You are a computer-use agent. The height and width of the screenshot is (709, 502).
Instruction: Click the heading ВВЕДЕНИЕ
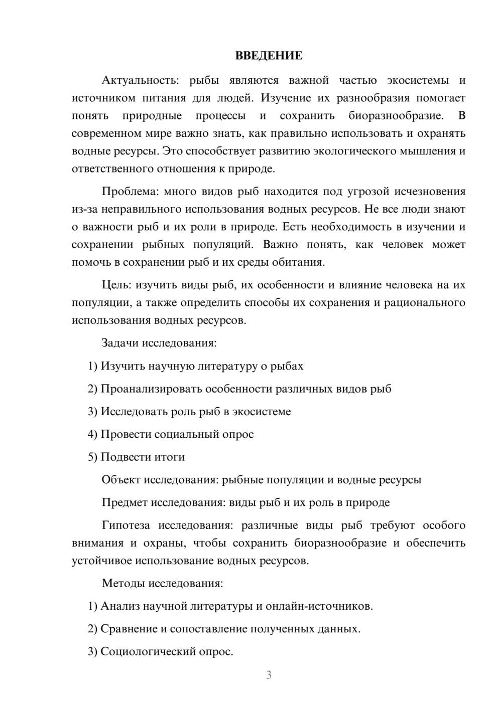[269, 56]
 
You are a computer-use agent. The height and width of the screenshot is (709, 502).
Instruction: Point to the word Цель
[115, 285]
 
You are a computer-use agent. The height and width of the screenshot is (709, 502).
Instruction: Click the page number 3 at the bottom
[269, 675]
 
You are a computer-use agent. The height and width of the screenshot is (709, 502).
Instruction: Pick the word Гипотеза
[125, 525]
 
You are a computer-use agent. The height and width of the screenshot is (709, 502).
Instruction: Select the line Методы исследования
[162, 583]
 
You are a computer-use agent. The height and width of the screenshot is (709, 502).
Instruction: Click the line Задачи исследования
[159, 343]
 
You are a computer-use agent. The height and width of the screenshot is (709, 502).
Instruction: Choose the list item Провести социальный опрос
[171, 434]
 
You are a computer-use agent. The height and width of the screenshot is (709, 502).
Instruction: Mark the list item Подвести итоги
[136, 457]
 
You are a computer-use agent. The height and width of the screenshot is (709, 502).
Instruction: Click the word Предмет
[124, 502]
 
